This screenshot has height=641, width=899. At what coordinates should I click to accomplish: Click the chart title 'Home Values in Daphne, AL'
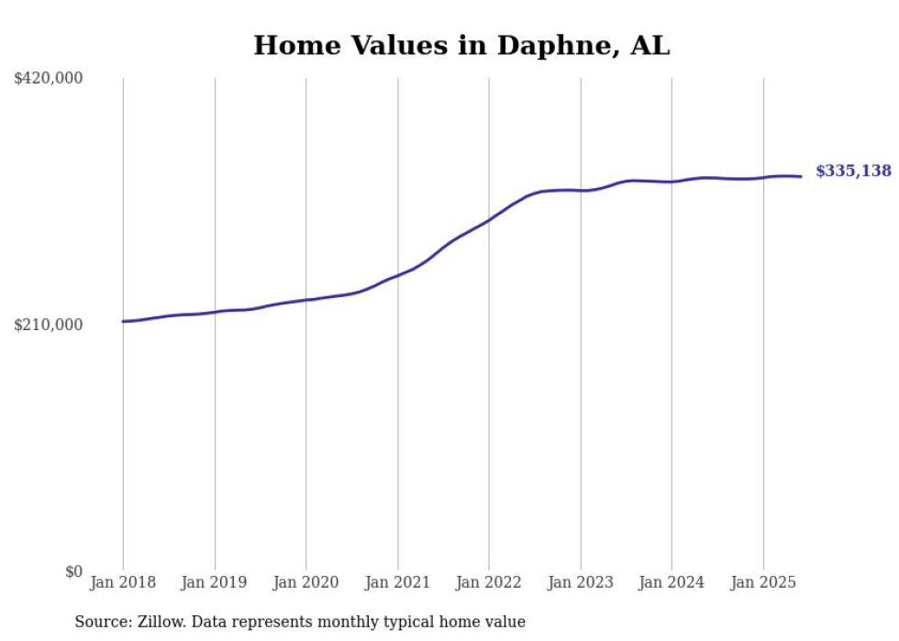click(x=461, y=45)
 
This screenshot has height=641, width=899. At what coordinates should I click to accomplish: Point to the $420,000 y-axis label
click(x=48, y=79)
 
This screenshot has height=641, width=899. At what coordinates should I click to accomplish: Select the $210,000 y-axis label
click(x=48, y=325)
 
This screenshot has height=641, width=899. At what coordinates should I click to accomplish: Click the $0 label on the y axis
click(x=73, y=571)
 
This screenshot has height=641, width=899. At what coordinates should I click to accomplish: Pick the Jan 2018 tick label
click(x=123, y=582)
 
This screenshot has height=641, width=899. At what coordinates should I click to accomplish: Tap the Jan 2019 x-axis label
click(x=215, y=582)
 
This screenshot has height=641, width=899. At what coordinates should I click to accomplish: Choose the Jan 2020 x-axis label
click(x=306, y=582)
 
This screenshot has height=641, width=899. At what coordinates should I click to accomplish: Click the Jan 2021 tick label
click(x=397, y=582)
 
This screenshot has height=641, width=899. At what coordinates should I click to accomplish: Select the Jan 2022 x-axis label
click(x=489, y=582)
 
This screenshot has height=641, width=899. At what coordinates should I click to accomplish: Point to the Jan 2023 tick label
click(x=580, y=582)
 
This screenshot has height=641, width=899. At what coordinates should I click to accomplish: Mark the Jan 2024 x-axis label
click(x=671, y=582)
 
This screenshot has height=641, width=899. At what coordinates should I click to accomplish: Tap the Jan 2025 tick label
click(x=762, y=582)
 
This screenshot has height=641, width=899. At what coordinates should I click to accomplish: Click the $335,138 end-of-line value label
click(x=853, y=171)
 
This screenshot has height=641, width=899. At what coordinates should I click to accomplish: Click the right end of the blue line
click(x=801, y=176)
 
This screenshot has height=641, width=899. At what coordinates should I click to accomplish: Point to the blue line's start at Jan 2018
click(x=123, y=321)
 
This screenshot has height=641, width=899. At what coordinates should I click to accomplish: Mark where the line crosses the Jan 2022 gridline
click(x=489, y=220)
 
